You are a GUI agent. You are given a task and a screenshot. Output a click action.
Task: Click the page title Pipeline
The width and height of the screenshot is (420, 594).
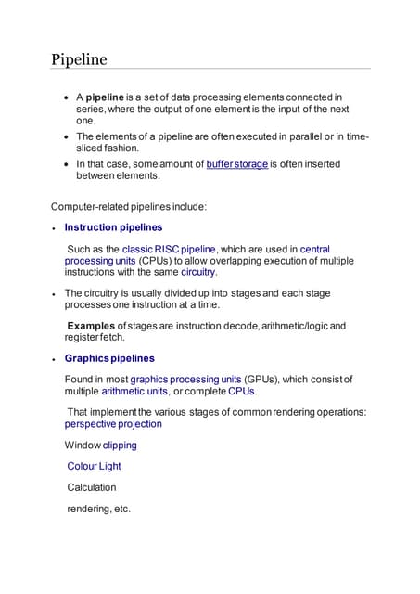click(x=79, y=59)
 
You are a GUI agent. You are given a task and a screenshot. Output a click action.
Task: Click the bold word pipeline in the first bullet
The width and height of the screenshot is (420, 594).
click(x=105, y=97)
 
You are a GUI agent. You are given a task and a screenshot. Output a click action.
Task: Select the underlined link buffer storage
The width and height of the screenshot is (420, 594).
click(x=237, y=164)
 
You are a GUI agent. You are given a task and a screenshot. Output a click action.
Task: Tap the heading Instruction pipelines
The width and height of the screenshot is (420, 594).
click(x=114, y=226)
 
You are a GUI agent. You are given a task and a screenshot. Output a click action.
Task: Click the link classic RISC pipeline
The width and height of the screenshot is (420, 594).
click(x=169, y=249)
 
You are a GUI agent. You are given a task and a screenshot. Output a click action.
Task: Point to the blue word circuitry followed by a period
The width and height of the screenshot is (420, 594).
click(x=198, y=272)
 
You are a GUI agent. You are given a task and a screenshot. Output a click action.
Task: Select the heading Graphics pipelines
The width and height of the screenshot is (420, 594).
click(x=109, y=358)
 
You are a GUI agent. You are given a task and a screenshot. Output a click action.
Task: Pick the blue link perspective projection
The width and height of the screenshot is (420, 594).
click(x=113, y=423)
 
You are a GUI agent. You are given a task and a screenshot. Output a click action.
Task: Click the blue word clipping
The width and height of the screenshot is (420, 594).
click(x=120, y=445)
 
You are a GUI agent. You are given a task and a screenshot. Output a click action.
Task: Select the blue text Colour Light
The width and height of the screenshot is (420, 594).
click(x=95, y=466)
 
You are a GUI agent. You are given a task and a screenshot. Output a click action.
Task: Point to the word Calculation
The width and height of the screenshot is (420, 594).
click(x=92, y=486)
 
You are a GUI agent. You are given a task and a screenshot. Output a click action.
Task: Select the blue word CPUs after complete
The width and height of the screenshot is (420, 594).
click(x=241, y=391)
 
